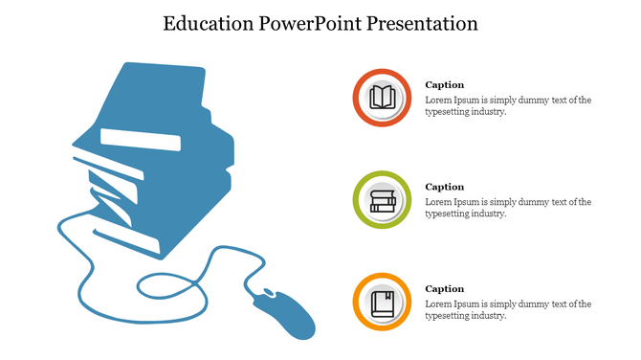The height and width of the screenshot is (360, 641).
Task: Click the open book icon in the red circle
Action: pos(383,98)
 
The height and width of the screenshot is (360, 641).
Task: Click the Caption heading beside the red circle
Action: pos(445,85)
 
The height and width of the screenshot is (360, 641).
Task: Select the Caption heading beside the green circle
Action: pos(445,187)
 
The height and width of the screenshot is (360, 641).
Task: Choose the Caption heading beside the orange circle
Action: pos(445,289)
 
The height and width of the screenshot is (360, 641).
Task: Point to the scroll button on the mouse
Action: pos(269,293)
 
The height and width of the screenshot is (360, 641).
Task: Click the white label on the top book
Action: pos(141,140)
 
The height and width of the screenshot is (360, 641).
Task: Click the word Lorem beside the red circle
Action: pos(439,100)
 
